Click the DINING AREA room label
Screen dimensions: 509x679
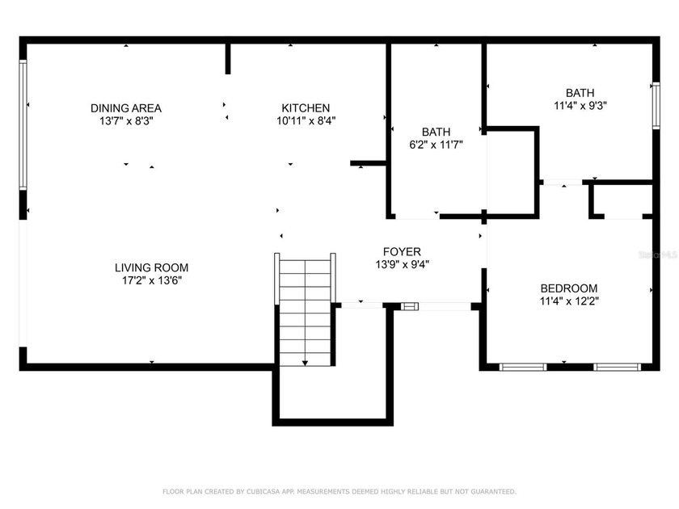(x=125, y=107)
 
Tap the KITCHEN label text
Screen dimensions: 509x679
(x=306, y=107)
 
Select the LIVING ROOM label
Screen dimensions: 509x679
(x=151, y=267)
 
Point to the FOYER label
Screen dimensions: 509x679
(x=402, y=251)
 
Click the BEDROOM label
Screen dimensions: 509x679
(x=569, y=288)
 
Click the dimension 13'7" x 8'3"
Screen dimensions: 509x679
(x=125, y=120)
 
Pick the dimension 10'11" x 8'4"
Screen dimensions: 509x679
(x=306, y=120)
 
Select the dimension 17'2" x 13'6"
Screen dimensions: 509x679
(x=151, y=280)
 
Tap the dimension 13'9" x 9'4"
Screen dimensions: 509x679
(x=402, y=264)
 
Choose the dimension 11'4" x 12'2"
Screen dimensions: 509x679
(x=569, y=301)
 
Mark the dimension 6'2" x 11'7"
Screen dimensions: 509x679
(x=436, y=145)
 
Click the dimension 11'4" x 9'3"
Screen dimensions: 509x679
(x=580, y=105)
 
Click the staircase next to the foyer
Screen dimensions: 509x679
(x=305, y=311)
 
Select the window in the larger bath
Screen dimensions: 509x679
(x=656, y=105)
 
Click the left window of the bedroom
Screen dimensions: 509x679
(x=523, y=367)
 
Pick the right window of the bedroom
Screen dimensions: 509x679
(x=618, y=367)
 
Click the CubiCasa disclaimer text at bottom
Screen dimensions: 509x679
(x=339, y=491)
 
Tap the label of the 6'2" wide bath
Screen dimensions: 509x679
(x=436, y=132)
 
